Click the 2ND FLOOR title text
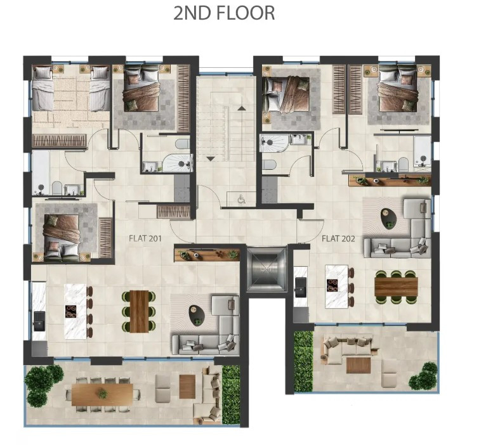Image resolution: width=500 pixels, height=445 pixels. click(224, 13)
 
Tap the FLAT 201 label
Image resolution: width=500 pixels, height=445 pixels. click(145, 238)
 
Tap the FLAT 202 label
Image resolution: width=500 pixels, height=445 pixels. click(338, 238)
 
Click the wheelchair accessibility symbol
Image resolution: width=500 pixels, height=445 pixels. click(241, 200)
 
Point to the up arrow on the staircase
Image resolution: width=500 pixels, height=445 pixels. click(242, 108)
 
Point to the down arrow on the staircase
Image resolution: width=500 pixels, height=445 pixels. click(211, 158)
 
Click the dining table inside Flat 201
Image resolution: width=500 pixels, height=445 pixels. click(140, 311)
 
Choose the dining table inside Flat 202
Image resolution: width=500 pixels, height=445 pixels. click(396, 287)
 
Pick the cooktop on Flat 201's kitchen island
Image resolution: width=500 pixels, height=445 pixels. click(71, 311)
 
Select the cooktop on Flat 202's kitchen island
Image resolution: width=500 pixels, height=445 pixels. click(332, 285)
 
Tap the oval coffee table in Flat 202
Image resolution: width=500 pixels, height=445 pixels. click(389, 218)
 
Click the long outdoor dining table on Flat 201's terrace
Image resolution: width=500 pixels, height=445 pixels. click(102, 394)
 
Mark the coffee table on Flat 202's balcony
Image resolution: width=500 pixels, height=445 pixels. click(359, 365)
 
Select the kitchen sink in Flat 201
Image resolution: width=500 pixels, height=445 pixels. click(39, 321)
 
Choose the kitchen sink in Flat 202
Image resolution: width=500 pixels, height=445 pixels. click(301, 287)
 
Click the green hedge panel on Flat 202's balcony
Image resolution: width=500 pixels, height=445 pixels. click(303, 361)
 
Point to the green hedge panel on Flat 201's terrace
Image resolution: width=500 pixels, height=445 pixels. click(231, 395)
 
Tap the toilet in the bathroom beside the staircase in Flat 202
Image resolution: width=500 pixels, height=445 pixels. click(270, 165)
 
